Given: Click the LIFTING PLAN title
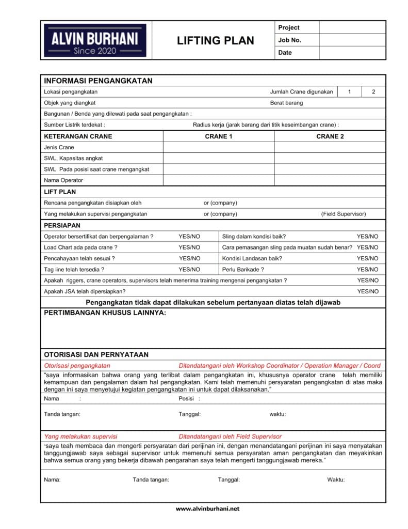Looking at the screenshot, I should (216, 41).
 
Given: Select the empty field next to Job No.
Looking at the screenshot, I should (352, 40).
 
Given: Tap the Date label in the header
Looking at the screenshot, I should (285, 53).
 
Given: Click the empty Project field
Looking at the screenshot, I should (352, 27).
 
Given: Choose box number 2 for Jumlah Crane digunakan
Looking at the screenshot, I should (373, 92).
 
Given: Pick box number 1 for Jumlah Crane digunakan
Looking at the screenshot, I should (349, 92).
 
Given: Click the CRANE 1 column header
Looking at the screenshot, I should (219, 136).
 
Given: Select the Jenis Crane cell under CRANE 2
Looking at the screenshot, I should (330, 147).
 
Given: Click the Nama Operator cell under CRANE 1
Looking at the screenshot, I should (219, 180).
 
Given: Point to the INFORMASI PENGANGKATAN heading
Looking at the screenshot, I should (98, 81).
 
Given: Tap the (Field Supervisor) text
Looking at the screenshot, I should (343, 214).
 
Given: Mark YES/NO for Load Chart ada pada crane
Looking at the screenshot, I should (189, 247).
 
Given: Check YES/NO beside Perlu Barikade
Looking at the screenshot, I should (367, 270).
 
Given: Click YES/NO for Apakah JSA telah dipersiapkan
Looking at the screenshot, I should (367, 291).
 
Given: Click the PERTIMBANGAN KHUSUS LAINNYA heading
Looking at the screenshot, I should (105, 314).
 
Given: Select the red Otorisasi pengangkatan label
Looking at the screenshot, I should (77, 365).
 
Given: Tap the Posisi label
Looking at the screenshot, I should (186, 399).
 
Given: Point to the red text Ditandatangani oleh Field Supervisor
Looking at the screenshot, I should (230, 437).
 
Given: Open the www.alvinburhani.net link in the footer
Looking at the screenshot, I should (208, 509).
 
